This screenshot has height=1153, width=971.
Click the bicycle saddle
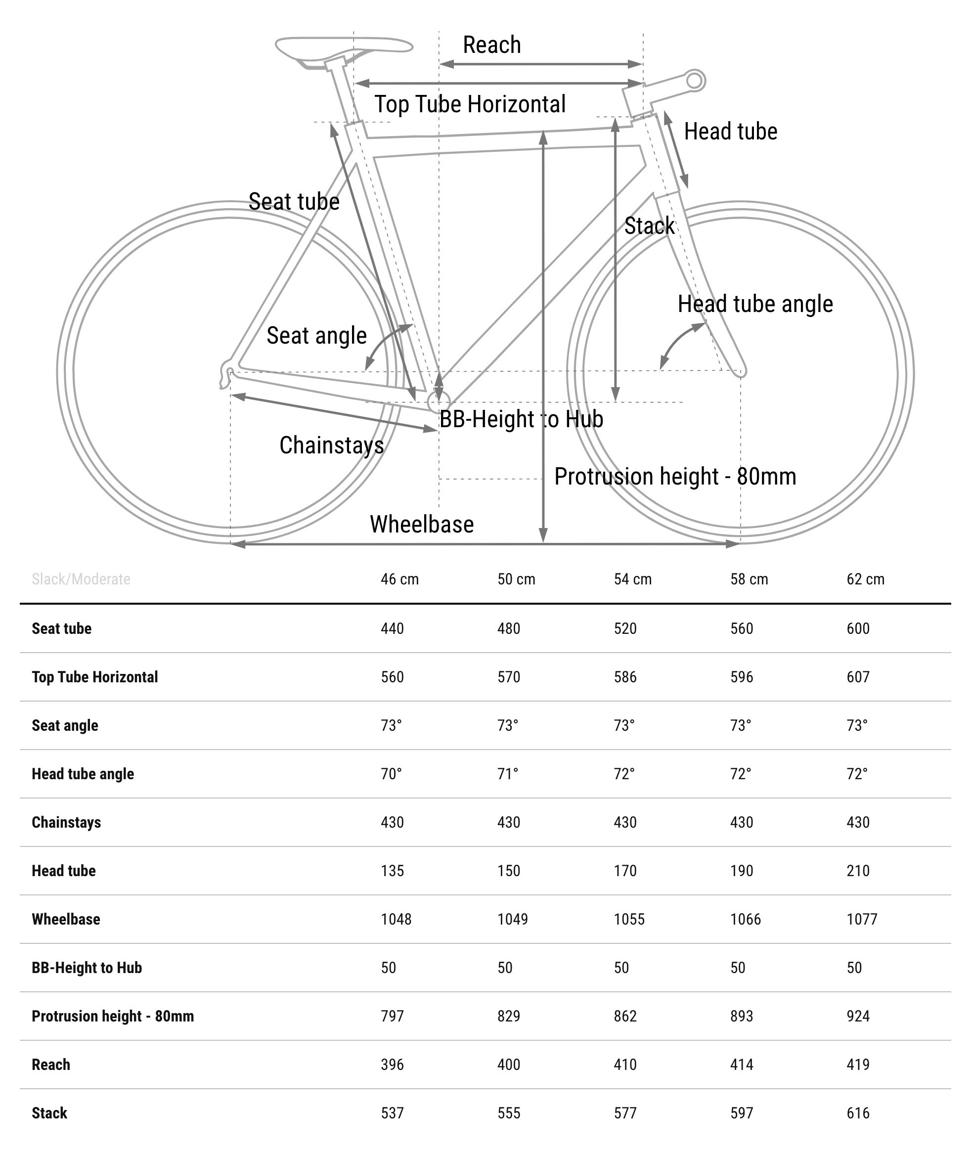point(344,46)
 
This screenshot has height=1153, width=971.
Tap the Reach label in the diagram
point(491,45)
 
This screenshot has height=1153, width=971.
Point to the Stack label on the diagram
point(649,225)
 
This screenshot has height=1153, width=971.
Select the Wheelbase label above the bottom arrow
point(422,525)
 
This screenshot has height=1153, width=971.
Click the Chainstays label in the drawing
point(331,445)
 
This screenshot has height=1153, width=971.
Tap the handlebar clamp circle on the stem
point(695,81)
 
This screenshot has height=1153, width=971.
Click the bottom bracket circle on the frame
point(439,402)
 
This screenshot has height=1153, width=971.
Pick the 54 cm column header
point(632,579)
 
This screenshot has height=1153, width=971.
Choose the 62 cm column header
point(865,579)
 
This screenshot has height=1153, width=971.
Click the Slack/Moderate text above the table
point(81,579)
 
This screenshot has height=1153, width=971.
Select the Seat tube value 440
point(392,628)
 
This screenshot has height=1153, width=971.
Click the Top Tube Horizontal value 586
point(625,677)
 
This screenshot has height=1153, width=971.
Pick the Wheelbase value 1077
point(861,919)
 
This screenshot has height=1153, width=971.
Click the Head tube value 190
point(742,871)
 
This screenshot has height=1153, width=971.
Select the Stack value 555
point(509,1113)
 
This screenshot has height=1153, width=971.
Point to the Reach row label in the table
point(50,1064)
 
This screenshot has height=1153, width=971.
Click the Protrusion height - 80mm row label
point(113,1016)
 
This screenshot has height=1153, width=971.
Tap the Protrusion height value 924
point(858,1016)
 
